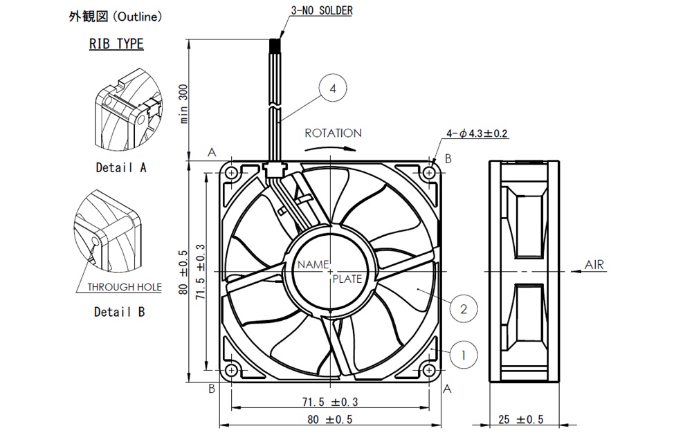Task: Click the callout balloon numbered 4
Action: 333,89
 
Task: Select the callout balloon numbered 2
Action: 464,308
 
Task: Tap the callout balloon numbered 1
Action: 464,355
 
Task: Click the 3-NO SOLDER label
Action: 322,11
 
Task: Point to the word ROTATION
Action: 333,133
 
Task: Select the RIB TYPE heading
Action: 116,44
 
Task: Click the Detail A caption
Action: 121,167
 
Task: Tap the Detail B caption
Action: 119,312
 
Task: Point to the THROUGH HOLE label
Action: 125,287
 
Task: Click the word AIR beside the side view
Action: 595,265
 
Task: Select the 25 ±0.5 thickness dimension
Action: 521,420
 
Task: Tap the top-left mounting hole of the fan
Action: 231,172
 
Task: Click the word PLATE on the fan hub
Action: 347,279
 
